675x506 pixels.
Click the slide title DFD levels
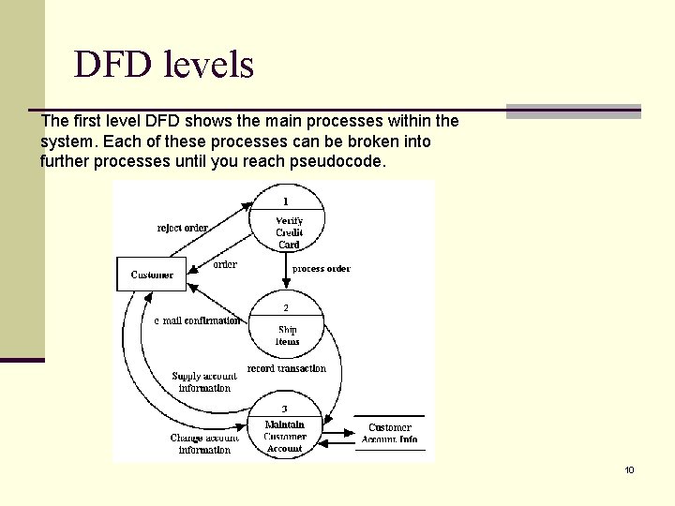click(x=164, y=65)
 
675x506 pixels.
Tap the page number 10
click(x=630, y=469)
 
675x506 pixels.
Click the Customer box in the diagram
click(x=152, y=275)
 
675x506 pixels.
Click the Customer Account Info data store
click(x=389, y=433)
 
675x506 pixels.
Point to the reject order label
click(x=182, y=228)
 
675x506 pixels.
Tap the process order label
click(x=322, y=269)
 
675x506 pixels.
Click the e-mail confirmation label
click(x=197, y=320)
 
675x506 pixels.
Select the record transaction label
click(x=287, y=368)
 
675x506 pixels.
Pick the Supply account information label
click(x=204, y=382)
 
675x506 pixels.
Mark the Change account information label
click(x=204, y=443)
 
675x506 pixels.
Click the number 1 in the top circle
click(x=286, y=201)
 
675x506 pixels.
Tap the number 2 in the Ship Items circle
click(x=286, y=307)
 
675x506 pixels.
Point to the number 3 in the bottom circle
click(x=285, y=409)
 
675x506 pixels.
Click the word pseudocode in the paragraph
click(x=339, y=162)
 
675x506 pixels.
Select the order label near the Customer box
click(x=225, y=264)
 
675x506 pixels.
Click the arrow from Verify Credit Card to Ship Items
click(x=287, y=272)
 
